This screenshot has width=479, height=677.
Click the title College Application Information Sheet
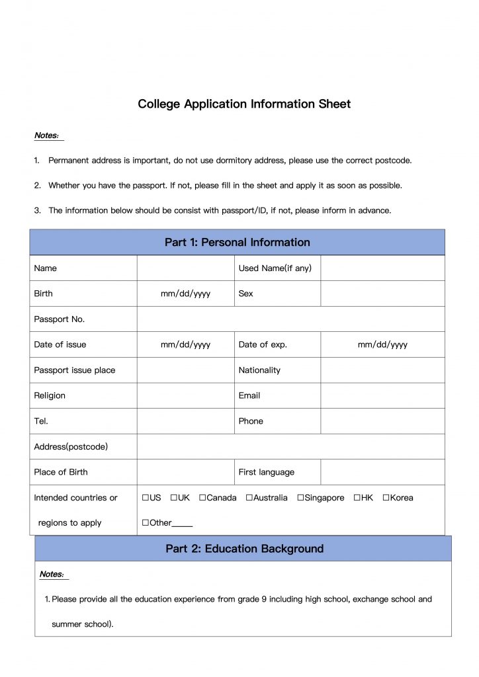click(x=244, y=104)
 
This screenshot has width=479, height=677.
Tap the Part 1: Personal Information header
click(x=237, y=243)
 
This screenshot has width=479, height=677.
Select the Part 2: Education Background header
click(x=244, y=549)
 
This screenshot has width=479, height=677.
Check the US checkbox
click(x=145, y=498)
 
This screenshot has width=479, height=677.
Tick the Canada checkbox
click(x=202, y=498)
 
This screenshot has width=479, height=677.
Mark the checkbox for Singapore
click(x=300, y=498)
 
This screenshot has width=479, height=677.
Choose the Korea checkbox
click(x=386, y=498)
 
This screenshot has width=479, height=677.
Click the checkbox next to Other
click(x=145, y=523)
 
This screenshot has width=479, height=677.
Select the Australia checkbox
click(x=249, y=498)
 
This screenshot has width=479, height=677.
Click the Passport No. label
click(x=60, y=319)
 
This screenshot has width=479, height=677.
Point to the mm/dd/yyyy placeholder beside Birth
click(x=185, y=294)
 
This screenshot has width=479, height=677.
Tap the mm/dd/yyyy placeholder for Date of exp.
click(x=382, y=344)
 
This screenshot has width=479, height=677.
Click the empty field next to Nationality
click(x=382, y=370)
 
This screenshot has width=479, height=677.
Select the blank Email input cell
click(x=382, y=395)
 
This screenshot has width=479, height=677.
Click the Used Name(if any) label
click(x=275, y=268)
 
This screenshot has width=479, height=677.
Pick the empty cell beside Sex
click(x=382, y=294)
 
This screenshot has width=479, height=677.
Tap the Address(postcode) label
click(x=71, y=447)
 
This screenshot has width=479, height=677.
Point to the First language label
click(x=266, y=472)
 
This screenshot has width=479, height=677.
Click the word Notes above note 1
click(x=46, y=136)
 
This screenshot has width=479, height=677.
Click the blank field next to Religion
click(x=185, y=395)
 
